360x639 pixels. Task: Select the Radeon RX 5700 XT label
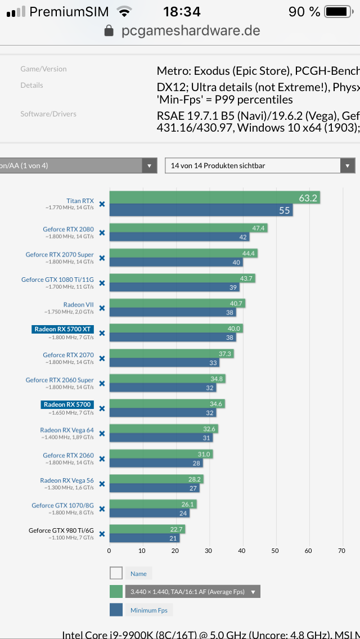point(62,329)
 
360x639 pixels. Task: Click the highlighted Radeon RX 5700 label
point(67,404)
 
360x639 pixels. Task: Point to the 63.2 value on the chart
point(308,198)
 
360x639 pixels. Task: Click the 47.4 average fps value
point(259,228)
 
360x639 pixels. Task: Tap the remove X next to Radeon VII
point(102,308)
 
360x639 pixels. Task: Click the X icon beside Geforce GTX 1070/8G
point(102,508)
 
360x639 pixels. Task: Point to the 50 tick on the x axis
point(275,551)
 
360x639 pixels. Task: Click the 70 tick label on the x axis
point(341,551)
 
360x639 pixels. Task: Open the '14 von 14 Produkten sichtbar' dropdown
point(260,165)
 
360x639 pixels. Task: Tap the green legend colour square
point(116,591)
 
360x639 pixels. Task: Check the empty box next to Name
point(116,573)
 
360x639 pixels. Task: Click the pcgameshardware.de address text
point(191,31)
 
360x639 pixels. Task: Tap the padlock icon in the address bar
point(110,31)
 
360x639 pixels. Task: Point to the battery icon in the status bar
point(339,11)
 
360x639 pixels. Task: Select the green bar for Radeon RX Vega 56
point(156,479)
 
